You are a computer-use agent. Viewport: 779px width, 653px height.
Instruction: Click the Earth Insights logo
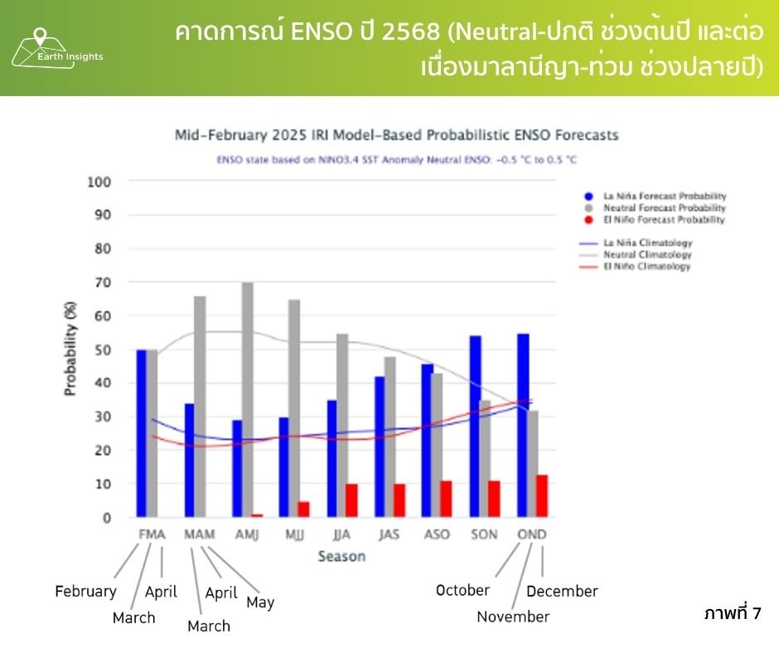click(x=56, y=49)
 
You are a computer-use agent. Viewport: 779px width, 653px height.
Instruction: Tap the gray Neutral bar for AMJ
click(x=248, y=399)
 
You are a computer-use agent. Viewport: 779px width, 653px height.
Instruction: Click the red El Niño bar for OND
click(x=541, y=496)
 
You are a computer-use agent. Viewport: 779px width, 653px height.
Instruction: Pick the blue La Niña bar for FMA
click(x=142, y=433)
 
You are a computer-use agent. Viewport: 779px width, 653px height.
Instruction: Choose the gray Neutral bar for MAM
click(x=200, y=406)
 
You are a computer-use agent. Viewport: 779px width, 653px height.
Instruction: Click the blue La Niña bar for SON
click(x=475, y=426)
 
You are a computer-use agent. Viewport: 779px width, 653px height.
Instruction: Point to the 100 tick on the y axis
click(x=99, y=181)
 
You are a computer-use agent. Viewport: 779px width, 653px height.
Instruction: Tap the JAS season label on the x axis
click(x=389, y=534)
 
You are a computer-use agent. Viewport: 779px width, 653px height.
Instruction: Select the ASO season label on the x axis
click(x=436, y=534)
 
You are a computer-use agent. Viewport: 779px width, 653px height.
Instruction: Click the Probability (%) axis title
click(x=71, y=349)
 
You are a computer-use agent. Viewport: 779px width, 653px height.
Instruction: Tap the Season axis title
click(x=341, y=556)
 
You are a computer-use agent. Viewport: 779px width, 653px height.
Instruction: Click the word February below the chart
click(x=85, y=591)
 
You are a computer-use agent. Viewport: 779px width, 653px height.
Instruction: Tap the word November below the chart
click(x=513, y=617)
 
